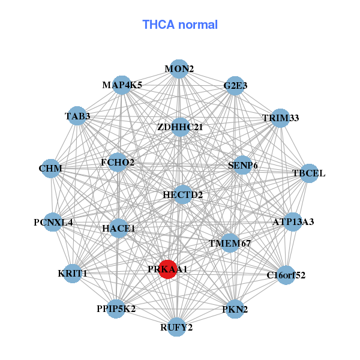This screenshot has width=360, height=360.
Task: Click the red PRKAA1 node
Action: (168, 269)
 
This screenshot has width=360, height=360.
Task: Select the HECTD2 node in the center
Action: (183, 195)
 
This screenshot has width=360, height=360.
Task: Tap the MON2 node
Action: (178, 69)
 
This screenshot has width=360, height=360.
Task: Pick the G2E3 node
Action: (235, 86)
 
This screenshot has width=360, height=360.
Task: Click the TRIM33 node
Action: (280, 118)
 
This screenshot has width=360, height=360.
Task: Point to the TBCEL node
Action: (308, 173)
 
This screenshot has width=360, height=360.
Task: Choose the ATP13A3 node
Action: (293, 222)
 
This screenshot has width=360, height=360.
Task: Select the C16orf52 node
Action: (286, 275)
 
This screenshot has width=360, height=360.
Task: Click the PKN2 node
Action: (235, 309)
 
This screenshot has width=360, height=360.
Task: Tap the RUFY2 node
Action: (176, 327)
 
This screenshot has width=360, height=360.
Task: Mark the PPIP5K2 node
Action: (116, 309)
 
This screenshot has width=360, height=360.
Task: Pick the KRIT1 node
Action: (73, 274)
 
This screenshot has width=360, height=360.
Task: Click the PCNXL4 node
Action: (53, 223)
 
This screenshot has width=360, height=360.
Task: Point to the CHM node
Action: (50, 169)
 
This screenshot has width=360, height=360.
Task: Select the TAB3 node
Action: (77, 116)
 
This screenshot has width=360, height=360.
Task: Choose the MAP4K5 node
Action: (122, 85)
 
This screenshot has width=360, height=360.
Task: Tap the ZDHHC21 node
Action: (180, 127)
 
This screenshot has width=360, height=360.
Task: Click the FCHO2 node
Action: (118, 162)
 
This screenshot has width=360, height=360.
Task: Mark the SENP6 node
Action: (242, 165)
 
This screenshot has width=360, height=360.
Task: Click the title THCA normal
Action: (180, 25)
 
